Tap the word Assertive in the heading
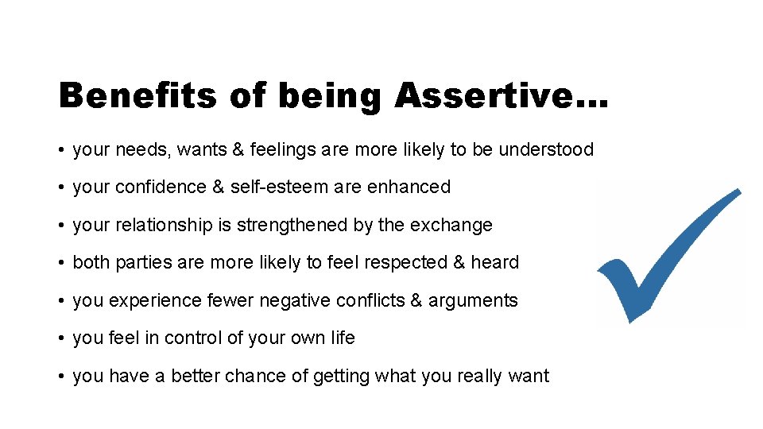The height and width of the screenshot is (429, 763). pyautogui.click(x=490, y=96)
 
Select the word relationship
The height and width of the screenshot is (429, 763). pyautogui.click(x=165, y=226)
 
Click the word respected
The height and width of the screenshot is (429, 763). pyautogui.click(x=385, y=263)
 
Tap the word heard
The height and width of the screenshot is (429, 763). pyautogui.click(x=495, y=263)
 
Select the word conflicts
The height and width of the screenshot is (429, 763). pyautogui.click(x=371, y=301)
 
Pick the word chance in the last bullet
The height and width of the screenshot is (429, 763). pyautogui.click(x=279, y=377)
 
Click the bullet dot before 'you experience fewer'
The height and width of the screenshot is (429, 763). pyautogui.click(x=61, y=301)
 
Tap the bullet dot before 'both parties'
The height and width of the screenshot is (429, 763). pyautogui.click(x=61, y=263)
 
